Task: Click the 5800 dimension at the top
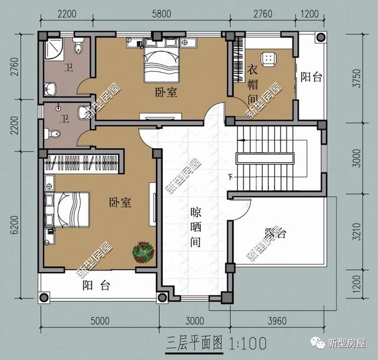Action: click(x=161, y=14)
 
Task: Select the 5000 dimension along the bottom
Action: click(x=100, y=320)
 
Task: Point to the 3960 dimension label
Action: click(x=277, y=320)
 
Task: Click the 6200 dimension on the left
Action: click(x=14, y=225)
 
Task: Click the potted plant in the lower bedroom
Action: click(x=143, y=252)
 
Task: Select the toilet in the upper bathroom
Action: click(x=77, y=45)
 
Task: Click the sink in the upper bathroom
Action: click(x=50, y=89)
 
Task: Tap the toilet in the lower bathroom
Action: click(x=52, y=133)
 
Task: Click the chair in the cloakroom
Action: click(x=268, y=58)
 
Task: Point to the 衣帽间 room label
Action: click(x=253, y=84)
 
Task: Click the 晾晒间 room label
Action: click(x=195, y=227)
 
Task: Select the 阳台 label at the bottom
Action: click(x=96, y=286)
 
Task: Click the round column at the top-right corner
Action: click(x=321, y=37)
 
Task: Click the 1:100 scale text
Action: click(x=248, y=343)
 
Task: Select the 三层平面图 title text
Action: click(x=194, y=343)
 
